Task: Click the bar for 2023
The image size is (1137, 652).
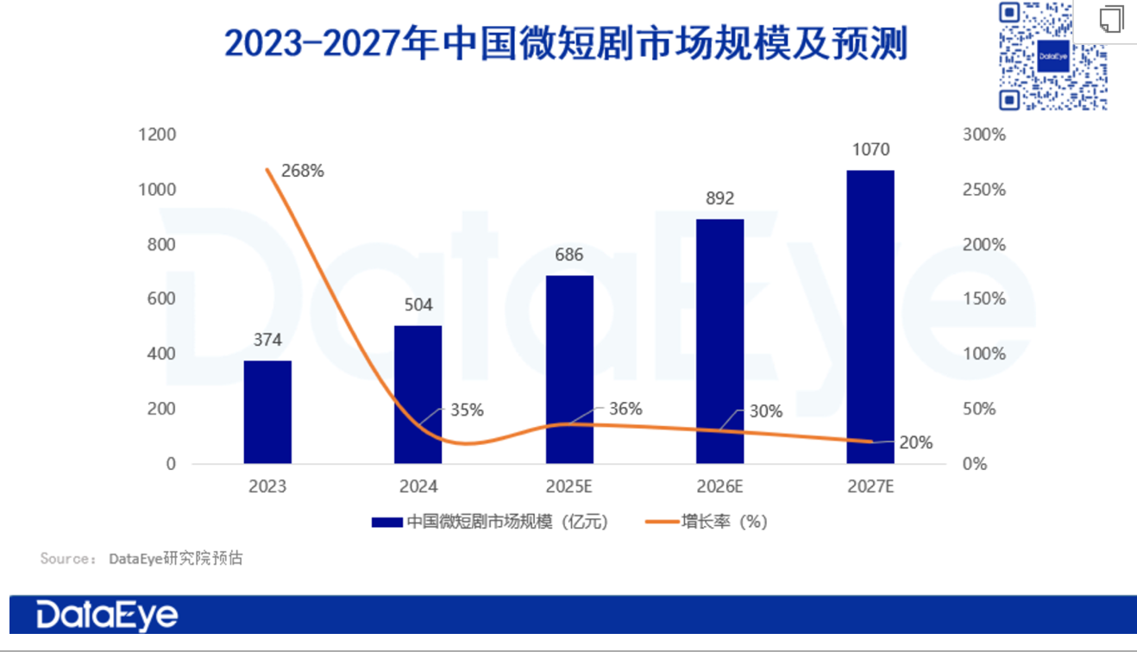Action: [x=267, y=411]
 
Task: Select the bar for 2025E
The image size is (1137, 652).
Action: [x=569, y=369]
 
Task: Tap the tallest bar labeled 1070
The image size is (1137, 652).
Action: [x=870, y=317]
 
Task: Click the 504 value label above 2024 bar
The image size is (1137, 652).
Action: [x=418, y=305]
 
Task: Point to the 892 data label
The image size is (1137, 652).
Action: [x=719, y=198]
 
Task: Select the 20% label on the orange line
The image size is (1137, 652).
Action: [x=916, y=442]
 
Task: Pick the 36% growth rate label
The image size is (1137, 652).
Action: [x=625, y=409]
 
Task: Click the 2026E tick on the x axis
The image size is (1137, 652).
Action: [x=719, y=486]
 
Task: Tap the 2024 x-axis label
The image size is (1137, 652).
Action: [x=418, y=486]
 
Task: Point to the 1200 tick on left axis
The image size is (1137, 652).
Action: [x=158, y=135]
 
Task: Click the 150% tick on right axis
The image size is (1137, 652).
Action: [x=984, y=299]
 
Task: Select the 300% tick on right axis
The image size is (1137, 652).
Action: [x=984, y=135]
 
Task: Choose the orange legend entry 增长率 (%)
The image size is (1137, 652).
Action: [x=707, y=522]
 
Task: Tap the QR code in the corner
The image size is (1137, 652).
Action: [x=1052, y=56]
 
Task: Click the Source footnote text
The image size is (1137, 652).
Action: [x=141, y=559]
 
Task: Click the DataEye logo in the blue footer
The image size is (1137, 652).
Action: [x=107, y=615]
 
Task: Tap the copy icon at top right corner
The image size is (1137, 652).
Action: [x=1112, y=19]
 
